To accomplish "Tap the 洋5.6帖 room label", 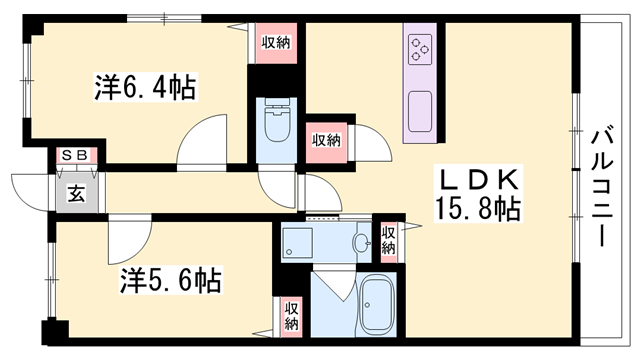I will click(160, 278).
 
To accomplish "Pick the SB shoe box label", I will click(73, 155).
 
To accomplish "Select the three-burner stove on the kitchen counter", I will click(419, 47).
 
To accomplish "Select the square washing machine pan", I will click(299, 241).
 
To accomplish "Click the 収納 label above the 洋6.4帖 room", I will click(277, 42).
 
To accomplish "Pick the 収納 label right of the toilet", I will click(325, 139).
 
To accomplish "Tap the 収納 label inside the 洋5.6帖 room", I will click(291, 316).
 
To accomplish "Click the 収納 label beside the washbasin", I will click(388, 241).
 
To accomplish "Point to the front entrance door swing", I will click(30, 190).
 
